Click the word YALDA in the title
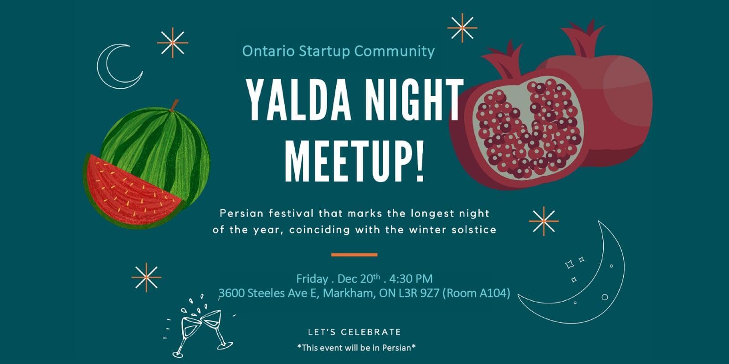click(x=299, y=100)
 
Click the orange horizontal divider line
click(x=354, y=255)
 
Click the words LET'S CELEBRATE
click(x=354, y=332)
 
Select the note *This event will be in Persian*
click(x=356, y=348)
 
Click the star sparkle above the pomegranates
click(x=462, y=28)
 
